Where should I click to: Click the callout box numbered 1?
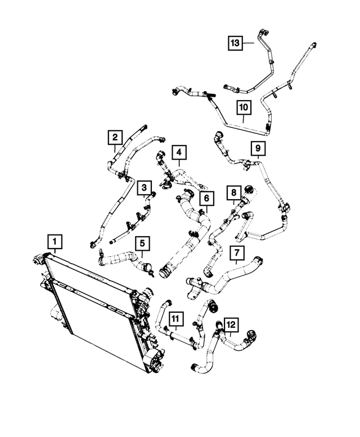[55, 242]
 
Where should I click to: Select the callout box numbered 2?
[115, 137]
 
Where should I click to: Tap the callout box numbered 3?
[144, 187]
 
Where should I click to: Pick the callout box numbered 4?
[179, 152]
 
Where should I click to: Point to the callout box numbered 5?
[142, 244]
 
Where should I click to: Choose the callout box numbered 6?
[206, 199]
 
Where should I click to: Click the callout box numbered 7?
[237, 253]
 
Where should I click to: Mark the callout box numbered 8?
[234, 192]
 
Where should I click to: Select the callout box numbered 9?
[258, 148]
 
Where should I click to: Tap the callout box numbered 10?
[244, 107]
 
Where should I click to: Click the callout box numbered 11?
[176, 318]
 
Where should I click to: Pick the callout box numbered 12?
[231, 325]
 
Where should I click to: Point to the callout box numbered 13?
[236, 43]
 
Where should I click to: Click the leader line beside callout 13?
[249, 43]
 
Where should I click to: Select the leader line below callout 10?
[243, 119]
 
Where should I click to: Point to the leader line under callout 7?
[236, 262]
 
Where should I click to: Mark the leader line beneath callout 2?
[115, 148]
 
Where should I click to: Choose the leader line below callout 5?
[142, 254]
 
